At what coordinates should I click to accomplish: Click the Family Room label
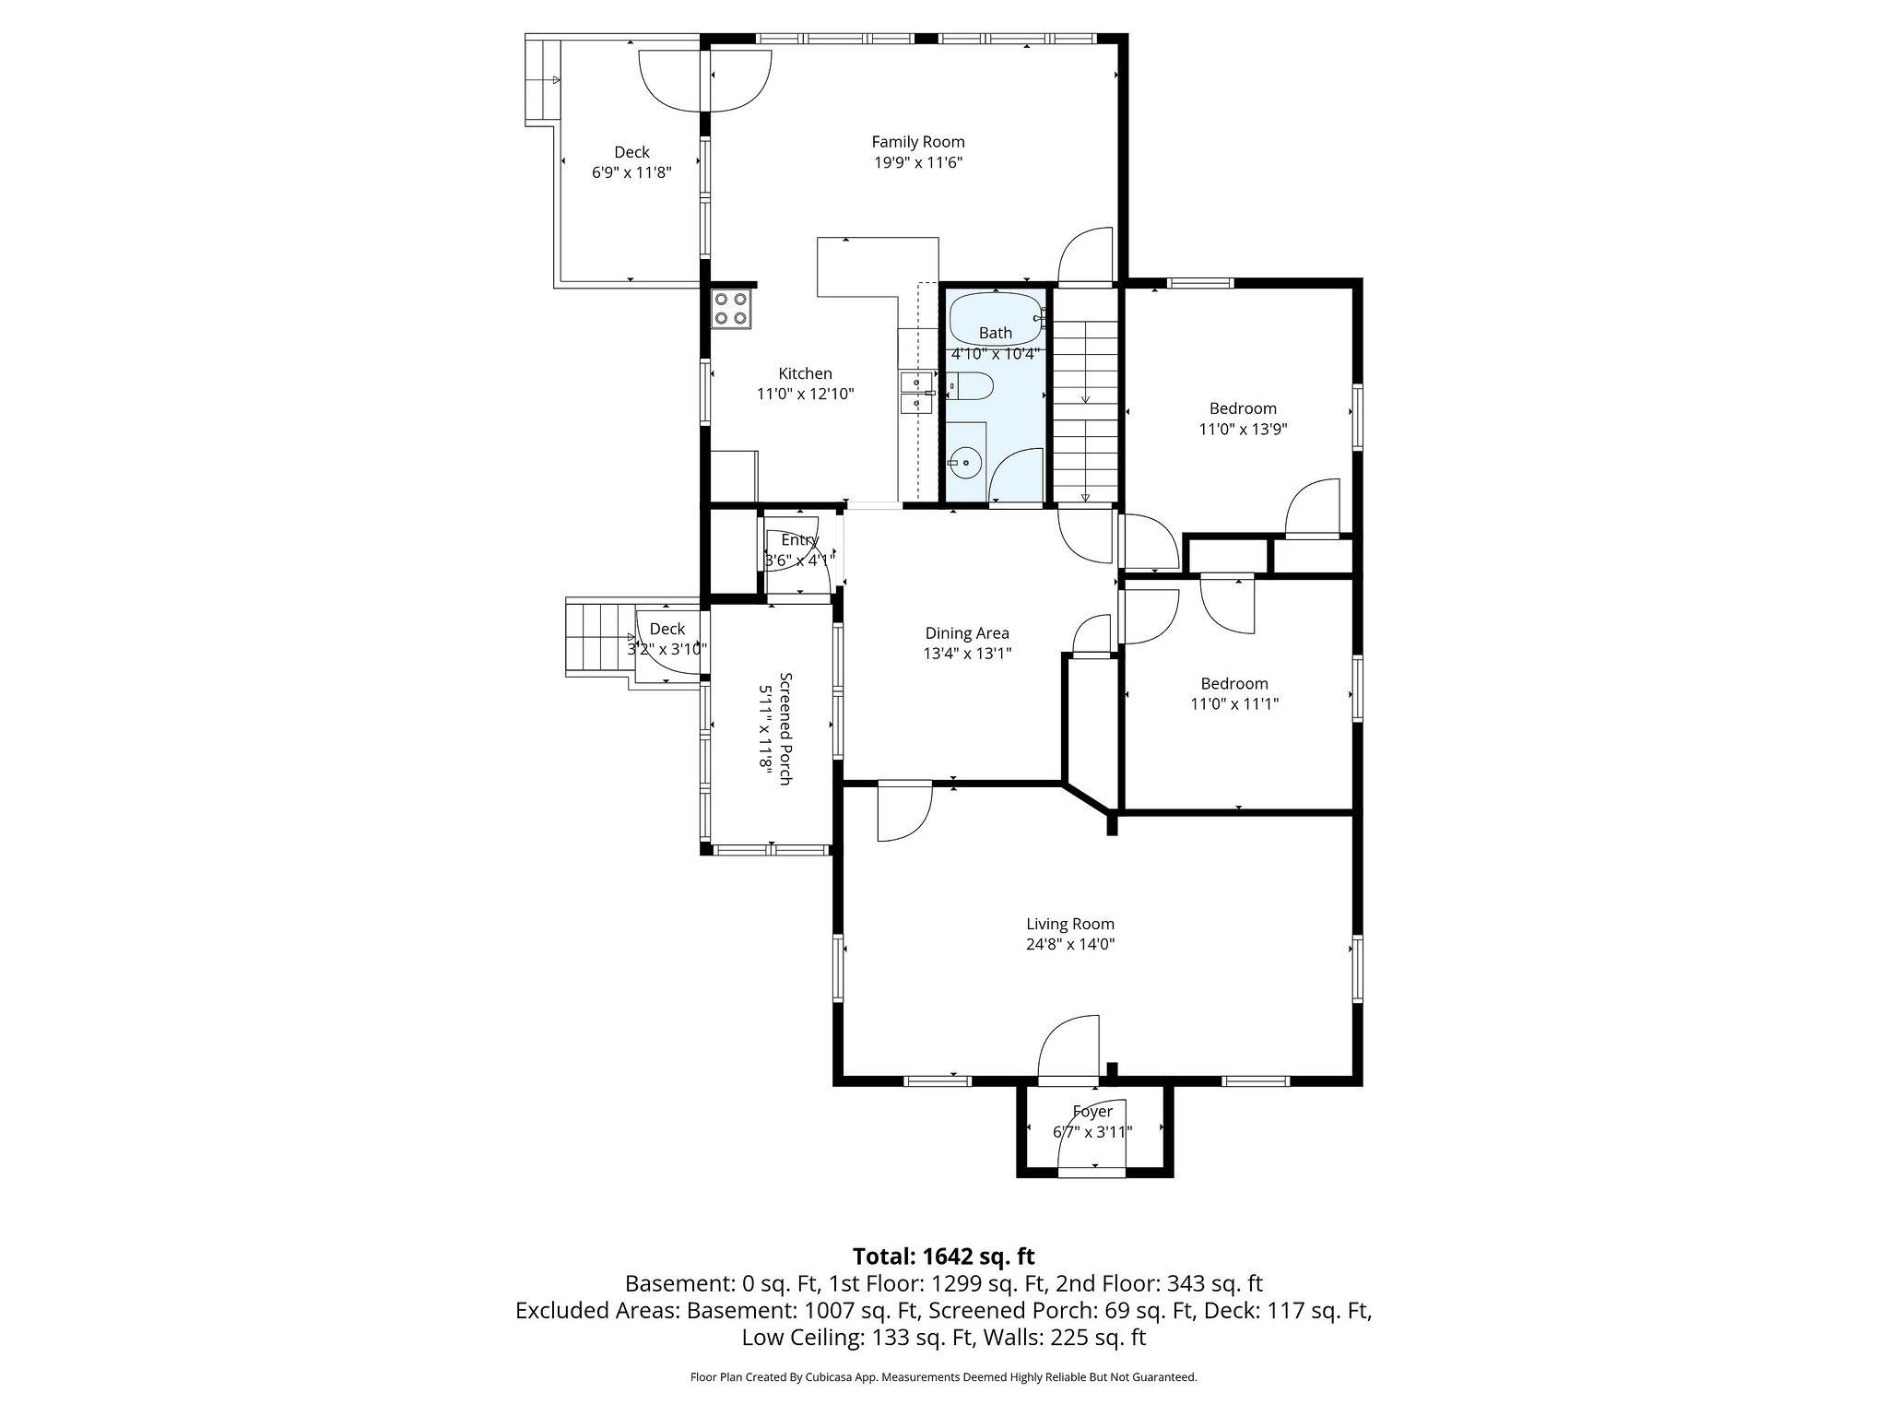(x=918, y=142)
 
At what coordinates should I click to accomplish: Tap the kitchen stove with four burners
(x=731, y=308)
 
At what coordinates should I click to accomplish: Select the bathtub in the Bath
(x=996, y=318)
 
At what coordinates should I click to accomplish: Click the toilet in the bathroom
(x=970, y=386)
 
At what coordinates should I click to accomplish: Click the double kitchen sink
(x=915, y=393)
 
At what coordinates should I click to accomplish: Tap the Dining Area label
(x=967, y=633)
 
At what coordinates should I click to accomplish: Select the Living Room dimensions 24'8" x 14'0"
(x=1070, y=944)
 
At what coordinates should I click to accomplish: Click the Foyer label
(x=1092, y=1112)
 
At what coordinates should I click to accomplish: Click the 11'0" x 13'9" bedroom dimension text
(x=1243, y=430)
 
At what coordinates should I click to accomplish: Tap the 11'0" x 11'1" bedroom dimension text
(x=1234, y=704)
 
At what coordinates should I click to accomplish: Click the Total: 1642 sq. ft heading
(x=943, y=1257)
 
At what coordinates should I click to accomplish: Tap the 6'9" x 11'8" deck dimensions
(x=631, y=172)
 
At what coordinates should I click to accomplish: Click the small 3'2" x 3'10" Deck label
(x=667, y=630)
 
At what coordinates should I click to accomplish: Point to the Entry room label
(x=799, y=540)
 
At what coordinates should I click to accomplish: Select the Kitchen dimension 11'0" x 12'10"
(x=805, y=395)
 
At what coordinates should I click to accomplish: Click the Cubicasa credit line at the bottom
(x=943, y=1377)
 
